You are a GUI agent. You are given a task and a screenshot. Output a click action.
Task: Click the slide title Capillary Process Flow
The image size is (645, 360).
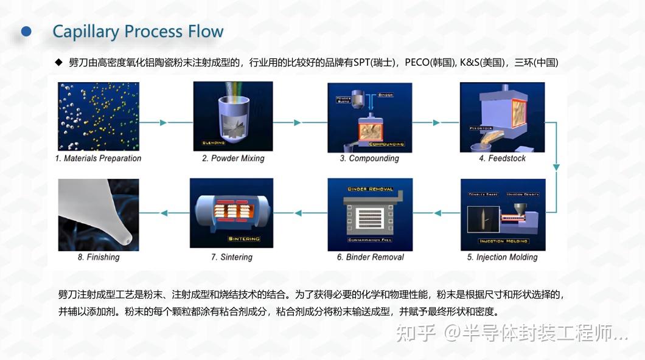pyautogui.click(x=138, y=32)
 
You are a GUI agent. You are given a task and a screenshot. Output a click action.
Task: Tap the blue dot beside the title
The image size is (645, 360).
pyautogui.click(x=26, y=31)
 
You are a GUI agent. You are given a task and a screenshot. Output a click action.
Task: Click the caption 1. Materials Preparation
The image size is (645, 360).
pyautogui.click(x=98, y=159)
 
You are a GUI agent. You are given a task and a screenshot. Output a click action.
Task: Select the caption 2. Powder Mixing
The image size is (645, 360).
pyautogui.click(x=233, y=159)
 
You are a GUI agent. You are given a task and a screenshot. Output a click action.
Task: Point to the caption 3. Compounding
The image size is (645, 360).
pyautogui.click(x=369, y=159)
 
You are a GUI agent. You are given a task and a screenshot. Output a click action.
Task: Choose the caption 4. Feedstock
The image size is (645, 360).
pyautogui.click(x=502, y=159)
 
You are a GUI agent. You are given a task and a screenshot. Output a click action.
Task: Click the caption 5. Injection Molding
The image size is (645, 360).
pyautogui.click(x=502, y=257)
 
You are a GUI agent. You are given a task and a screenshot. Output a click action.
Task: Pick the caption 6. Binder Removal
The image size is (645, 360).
pyautogui.click(x=370, y=257)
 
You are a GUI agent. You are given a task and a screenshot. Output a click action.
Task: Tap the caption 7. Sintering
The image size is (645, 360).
pyautogui.click(x=231, y=257)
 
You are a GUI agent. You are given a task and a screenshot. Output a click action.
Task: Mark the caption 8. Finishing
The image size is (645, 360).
pyautogui.click(x=99, y=257)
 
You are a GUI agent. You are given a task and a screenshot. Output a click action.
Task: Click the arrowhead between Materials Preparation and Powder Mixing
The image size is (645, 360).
pyautogui.click(x=163, y=123)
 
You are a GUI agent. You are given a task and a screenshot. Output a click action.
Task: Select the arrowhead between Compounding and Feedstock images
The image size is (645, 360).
pyautogui.click(x=436, y=123)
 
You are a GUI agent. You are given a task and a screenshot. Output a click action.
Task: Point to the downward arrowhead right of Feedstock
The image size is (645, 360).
pyautogui.click(x=556, y=167)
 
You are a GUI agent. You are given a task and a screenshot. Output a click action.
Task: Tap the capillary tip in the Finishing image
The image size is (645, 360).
pyautogui.click(x=126, y=239)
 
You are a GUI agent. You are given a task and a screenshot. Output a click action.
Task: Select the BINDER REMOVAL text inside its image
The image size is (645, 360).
pyautogui.click(x=370, y=189)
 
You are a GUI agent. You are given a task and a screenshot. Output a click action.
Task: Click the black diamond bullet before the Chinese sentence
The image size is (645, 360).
pyautogui.click(x=59, y=62)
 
